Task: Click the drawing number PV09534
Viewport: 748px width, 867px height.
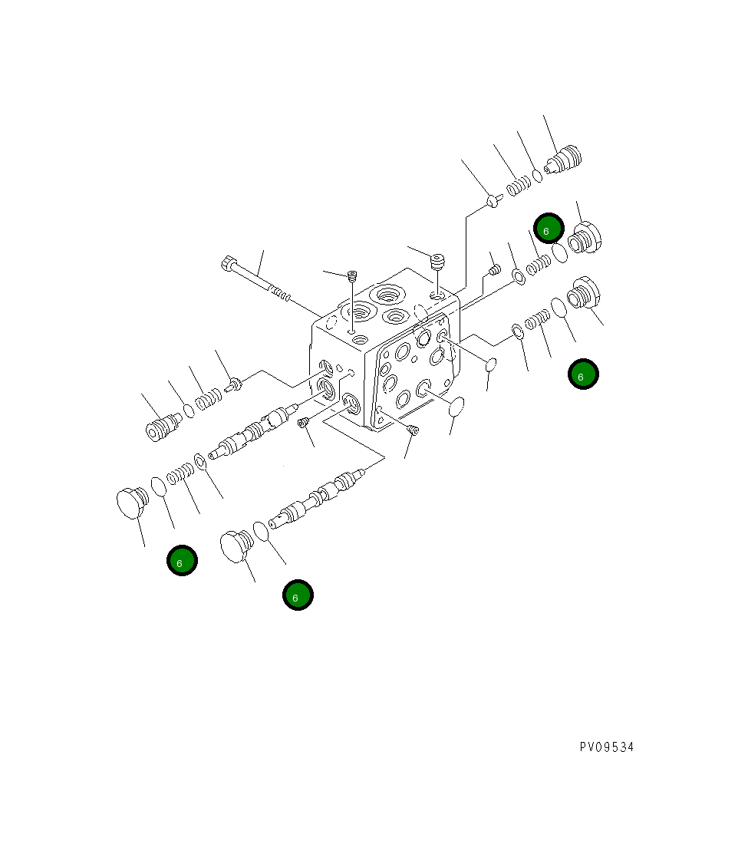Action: point(606,747)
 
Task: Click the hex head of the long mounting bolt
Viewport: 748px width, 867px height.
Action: point(228,265)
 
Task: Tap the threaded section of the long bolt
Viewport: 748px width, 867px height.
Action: point(281,294)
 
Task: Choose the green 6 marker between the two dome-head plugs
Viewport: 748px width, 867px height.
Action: point(183,561)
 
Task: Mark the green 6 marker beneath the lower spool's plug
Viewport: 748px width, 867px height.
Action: point(298,595)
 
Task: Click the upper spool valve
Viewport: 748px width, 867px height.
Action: point(253,434)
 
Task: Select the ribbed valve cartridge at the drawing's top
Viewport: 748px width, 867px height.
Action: point(564,160)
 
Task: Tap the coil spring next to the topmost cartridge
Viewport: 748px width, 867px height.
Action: point(520,184)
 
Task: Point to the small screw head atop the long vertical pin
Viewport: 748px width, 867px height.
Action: point(352,275)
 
